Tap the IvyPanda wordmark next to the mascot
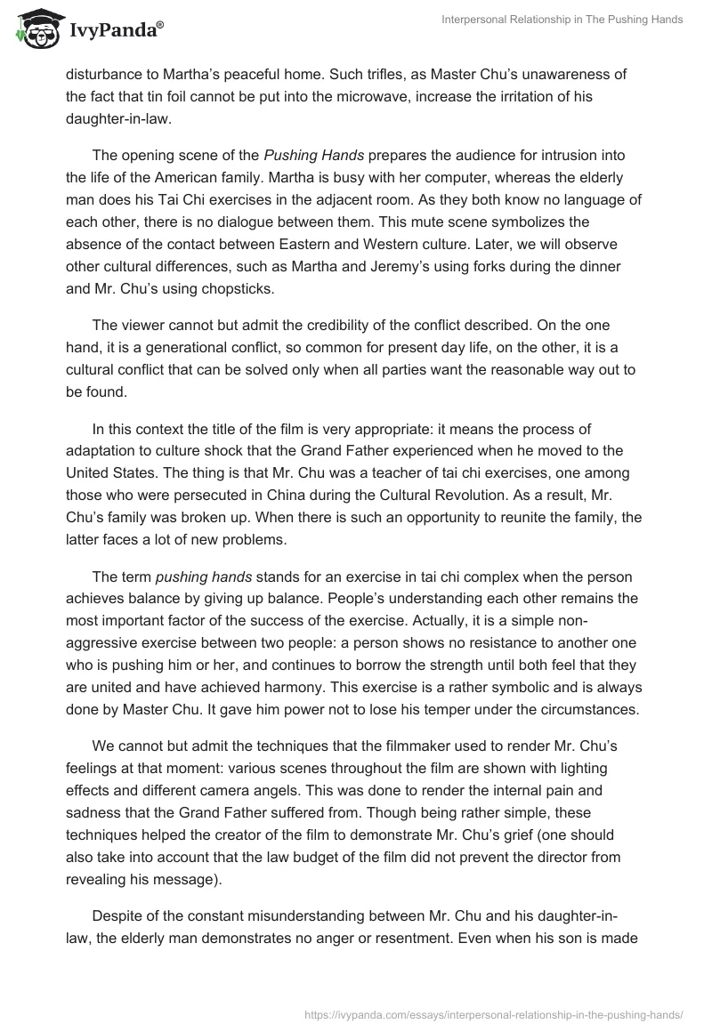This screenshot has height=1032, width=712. coord(114,32)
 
